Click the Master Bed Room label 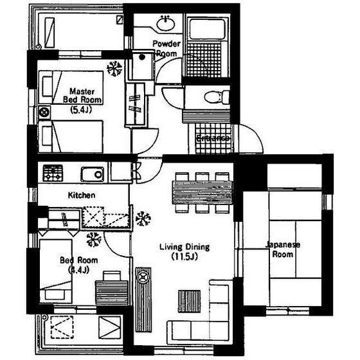click(x=82, y=96)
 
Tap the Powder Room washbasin click(x=166, y=23)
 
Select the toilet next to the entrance click(x=217, y=97)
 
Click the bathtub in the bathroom click(x=207, y=29)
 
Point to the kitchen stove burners click(x=53, y=173)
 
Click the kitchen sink click(x=93, y=174)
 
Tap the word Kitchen click(x=82, y=195)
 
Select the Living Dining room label click(x=184, y=247)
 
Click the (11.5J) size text click(x=184, y=256)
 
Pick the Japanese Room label click(x=283, y=249)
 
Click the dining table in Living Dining click(x=202, y=192)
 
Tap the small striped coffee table click(x=189, y=301)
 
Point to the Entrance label click(x=213, y=138)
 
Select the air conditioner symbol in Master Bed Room click(x=114, y=68)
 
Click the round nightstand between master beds click(x=44, y=113)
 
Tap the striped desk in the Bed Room click(x=112, y=292)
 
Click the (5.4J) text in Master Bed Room click(x=81, y=110)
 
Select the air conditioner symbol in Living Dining click(x=143, y=219)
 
